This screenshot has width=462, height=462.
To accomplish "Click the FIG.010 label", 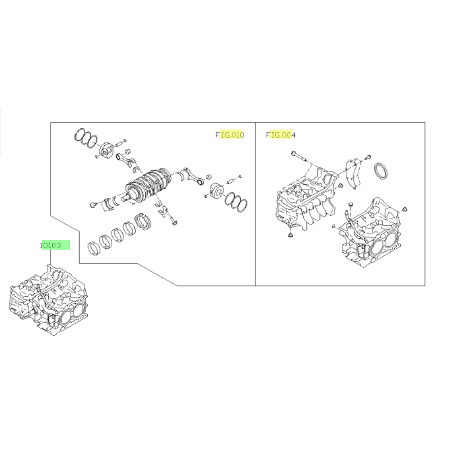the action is [x=230, y=135].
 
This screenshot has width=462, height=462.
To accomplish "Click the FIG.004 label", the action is [x=280, y=135].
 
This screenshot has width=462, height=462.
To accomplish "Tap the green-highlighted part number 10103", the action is [x=51, y=245].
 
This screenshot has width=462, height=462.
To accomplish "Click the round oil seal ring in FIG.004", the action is [x=381, y=170].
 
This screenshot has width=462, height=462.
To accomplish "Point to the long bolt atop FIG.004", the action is [x=299, y=156].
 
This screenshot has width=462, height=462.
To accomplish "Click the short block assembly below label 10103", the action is [x=49, y=300].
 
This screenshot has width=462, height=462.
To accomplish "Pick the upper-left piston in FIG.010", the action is [x=106, y=150].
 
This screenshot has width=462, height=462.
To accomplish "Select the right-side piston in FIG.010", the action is [x=216, y=191].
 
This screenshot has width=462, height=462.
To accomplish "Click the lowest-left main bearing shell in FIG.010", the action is [x=94, y=248].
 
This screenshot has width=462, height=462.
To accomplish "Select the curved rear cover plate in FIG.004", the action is [x=352, y=174].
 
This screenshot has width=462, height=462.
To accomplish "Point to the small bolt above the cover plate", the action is [x=368, y=157].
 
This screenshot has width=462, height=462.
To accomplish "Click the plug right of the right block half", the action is [x=404, y=209].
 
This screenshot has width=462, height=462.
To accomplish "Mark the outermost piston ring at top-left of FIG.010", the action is [x=79, y=135].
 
